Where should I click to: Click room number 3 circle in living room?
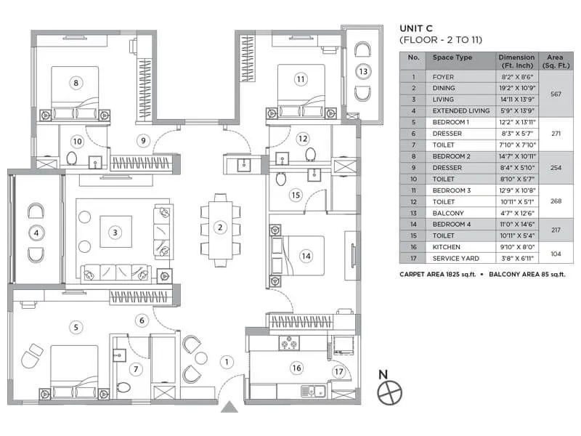tap(115, 233)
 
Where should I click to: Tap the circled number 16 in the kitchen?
tap(296, 368)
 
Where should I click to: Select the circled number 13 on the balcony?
tap(362, 71)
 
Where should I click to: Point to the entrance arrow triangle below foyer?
tap(229, 406)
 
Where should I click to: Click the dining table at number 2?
tap(219, 227)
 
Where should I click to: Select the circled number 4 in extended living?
tap(35, 233)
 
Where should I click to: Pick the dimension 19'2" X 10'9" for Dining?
tap(517, 88)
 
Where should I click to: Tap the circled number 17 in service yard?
tap(338, 372)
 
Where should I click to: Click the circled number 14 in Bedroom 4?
tap(306, 255)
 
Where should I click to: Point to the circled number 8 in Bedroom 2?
tap(75, 83)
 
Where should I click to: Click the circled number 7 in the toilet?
tap(135, 368)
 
